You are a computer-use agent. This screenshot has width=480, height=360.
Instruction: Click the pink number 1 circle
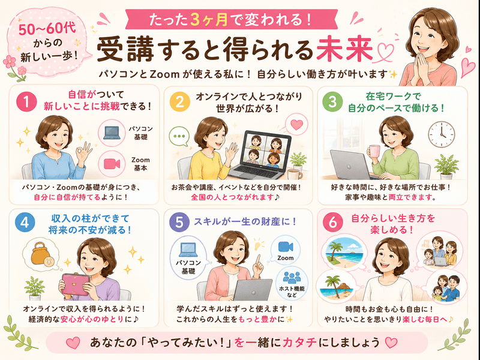tap(26, 101)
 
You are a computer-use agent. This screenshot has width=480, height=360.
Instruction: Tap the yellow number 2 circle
tap(179, 101)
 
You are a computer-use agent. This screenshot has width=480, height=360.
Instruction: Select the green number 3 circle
tap(332, 101)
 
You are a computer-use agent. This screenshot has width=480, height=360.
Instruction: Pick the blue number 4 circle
tap(25, 222)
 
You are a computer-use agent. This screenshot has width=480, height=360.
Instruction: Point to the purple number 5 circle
tap(179, 223)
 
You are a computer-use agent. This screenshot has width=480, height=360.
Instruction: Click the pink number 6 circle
tap(333, 222)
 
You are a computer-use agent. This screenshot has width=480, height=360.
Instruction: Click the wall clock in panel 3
tap(441, 134)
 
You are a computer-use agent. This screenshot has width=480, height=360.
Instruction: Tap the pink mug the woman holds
tap(374, 152)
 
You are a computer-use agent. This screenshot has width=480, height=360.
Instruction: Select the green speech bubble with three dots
tap(179, 137)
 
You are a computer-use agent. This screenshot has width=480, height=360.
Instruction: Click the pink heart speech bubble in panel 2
tap(296, 125)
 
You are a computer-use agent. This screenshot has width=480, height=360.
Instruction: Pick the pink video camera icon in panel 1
tap(112, 164)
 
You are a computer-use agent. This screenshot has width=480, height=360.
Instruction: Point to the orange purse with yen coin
tap(43, 254)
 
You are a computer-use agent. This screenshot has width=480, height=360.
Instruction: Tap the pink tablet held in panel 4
tap(76, 284)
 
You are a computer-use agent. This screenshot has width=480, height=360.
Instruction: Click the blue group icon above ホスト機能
tap(292, 277)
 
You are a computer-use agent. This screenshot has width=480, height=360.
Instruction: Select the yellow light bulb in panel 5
tap(259, 245)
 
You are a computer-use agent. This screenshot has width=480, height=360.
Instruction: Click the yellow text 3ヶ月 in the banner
tap(209, 20)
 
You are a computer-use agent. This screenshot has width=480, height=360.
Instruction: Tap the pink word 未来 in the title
tap(344, 49)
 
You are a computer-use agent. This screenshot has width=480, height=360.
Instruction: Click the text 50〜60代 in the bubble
tap(47, 29)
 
